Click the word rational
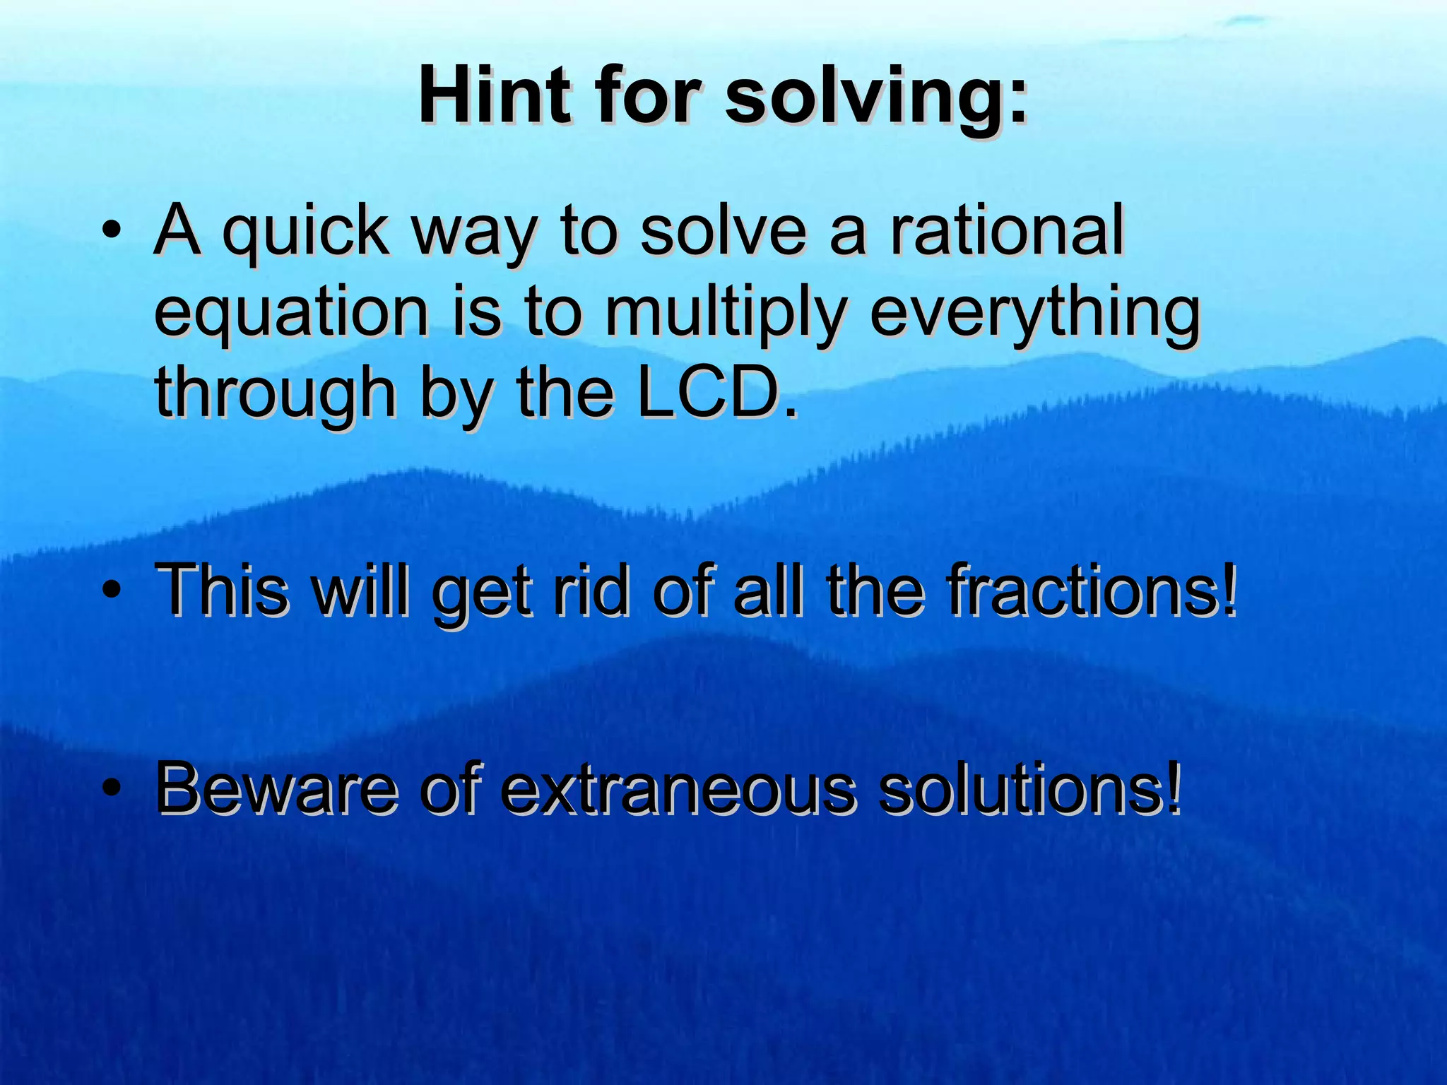[x=1006, y=230]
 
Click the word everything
[x=1034, y=314]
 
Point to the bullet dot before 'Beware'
[x=111, y=789]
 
